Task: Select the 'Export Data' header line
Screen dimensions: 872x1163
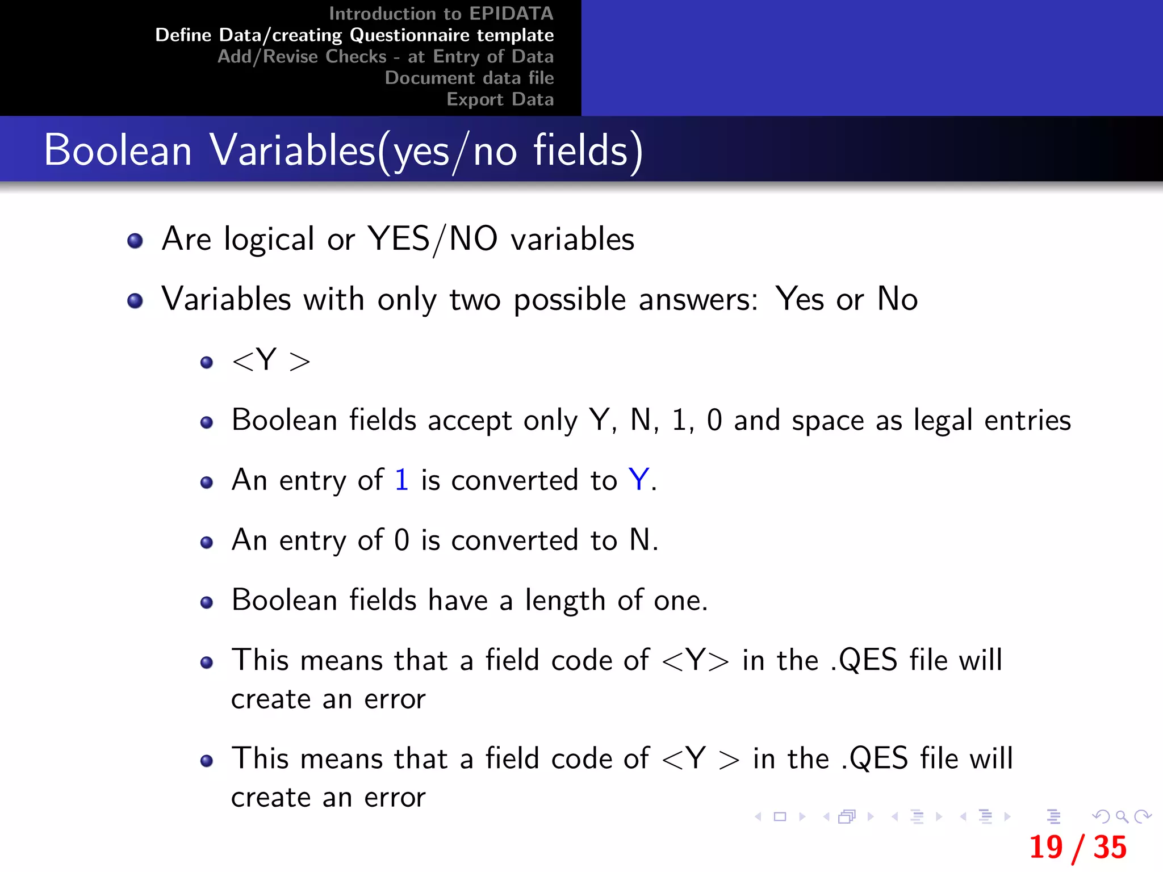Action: pos(500,99)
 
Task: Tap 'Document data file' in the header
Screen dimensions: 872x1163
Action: pos(469,78)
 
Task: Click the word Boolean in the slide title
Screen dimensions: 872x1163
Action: pos(118,150)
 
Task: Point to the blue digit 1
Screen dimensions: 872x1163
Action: pos(401,480)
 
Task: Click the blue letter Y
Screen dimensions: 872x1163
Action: pos(639,480)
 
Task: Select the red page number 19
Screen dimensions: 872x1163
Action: pos(1045,848)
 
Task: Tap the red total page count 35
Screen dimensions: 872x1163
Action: pos(1110,848)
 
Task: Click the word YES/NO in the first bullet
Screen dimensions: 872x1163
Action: pos(432,239)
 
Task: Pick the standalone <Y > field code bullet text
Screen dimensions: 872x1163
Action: pos(271,360)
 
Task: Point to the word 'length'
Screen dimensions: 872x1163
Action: pos(565,601)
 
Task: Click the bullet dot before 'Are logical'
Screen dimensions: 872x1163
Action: pos(135,241)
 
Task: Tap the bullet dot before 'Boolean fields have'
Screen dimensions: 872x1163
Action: pos(207,602)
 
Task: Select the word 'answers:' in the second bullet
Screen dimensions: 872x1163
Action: pos(698,300)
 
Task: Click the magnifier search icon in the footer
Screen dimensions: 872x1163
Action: pos(1122,817)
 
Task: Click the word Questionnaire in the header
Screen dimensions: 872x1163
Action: pos(410,35)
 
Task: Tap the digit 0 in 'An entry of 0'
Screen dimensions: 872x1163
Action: pos(401,540)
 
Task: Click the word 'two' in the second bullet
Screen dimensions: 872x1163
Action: pos(475,300)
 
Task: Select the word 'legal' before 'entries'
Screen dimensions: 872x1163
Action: pos(943,421)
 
